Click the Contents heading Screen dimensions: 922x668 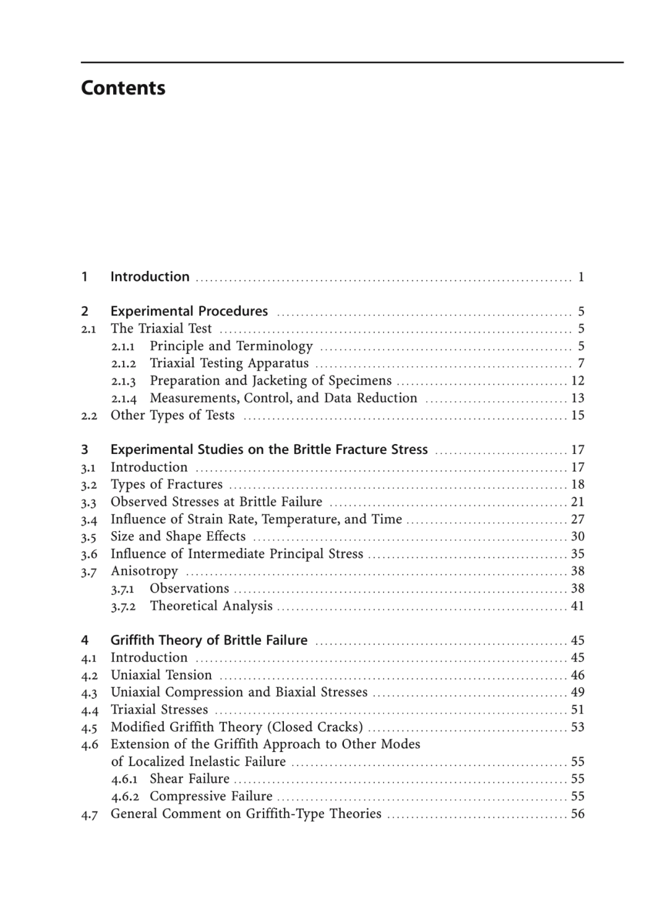(123, 88)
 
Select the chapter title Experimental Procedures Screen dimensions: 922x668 (189, 311)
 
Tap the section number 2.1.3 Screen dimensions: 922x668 (124, 381)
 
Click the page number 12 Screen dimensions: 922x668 (578, 380)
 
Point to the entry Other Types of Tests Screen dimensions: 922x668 (173, 415)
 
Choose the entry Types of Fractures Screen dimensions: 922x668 (166, 484)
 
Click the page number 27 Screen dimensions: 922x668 (578, 519)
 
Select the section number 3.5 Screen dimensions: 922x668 (89, 537)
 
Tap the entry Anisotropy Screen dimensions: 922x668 (144, 571)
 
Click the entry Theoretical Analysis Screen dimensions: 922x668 (211, 605)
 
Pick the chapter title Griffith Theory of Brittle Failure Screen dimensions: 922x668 (209, 640)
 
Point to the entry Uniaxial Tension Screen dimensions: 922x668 (161, 675)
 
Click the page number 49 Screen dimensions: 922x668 (578, 692)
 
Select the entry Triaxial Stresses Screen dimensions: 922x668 (159, 709)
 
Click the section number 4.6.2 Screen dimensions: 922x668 (124, 796)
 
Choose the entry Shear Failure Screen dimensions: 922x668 (189, 779)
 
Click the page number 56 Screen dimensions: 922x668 (578, 813)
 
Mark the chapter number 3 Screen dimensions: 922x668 (85, 450)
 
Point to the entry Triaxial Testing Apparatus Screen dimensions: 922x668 (229, 363)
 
